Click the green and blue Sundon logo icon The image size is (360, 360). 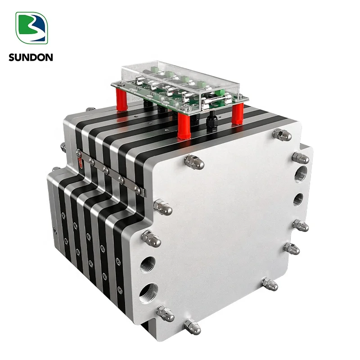[x=31, y=28]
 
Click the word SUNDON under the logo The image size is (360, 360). [x=30, y=57]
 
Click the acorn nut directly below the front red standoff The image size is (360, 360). [x=194, y=162]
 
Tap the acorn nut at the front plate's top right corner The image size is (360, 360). [x=283, y=134]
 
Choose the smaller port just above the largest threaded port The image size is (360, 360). [x=148, y=264]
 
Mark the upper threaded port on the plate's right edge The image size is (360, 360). [x=301, y=174]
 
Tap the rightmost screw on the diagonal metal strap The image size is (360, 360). [x=137, y=190]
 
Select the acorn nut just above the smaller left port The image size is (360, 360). [x=152, y=238]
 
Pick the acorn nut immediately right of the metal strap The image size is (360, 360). [x=162, y=207]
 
